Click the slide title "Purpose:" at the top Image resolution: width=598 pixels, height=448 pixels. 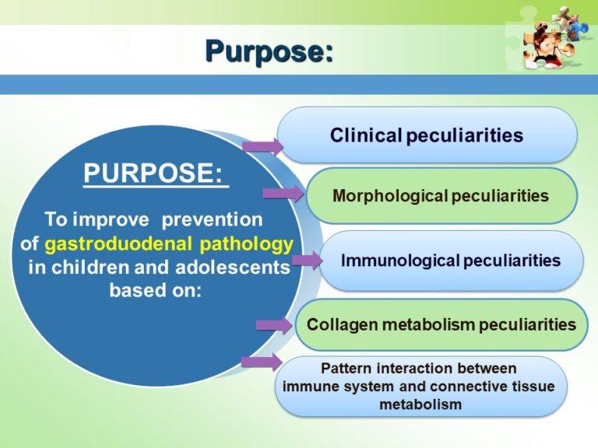269,51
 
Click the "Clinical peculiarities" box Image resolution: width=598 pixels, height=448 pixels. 427,135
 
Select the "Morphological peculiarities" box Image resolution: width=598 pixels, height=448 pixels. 441,196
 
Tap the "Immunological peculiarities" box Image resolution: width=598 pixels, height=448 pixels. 451,261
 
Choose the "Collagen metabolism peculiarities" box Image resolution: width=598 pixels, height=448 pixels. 441,324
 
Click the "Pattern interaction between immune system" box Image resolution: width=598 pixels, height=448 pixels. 420,386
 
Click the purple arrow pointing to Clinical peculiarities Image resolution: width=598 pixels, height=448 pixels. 262,145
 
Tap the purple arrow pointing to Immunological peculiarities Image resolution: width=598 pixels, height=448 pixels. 306,261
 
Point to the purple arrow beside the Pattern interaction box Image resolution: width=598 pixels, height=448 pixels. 261,361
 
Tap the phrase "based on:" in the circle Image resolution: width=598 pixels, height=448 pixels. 156,293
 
